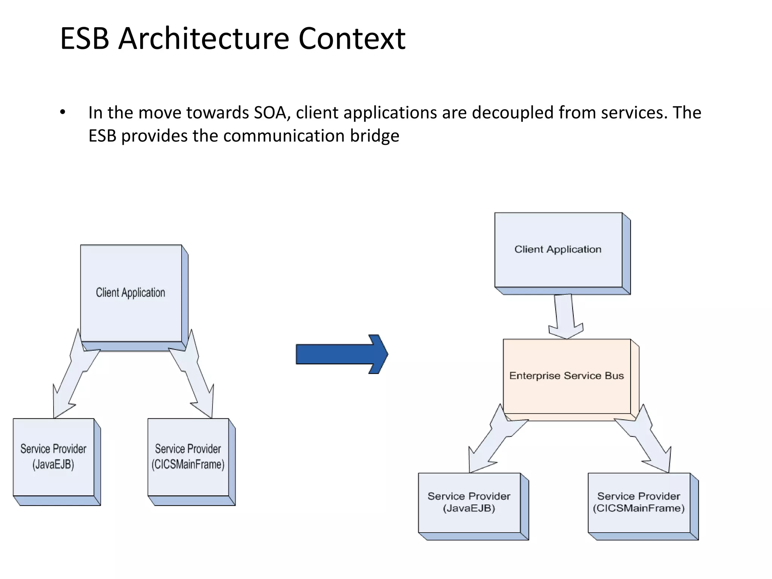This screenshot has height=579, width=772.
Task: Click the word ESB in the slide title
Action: [x=84, y=38]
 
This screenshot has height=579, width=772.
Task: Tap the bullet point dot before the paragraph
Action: [x=63, y=112]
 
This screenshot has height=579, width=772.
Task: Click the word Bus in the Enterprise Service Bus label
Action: [x=614, y=376]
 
